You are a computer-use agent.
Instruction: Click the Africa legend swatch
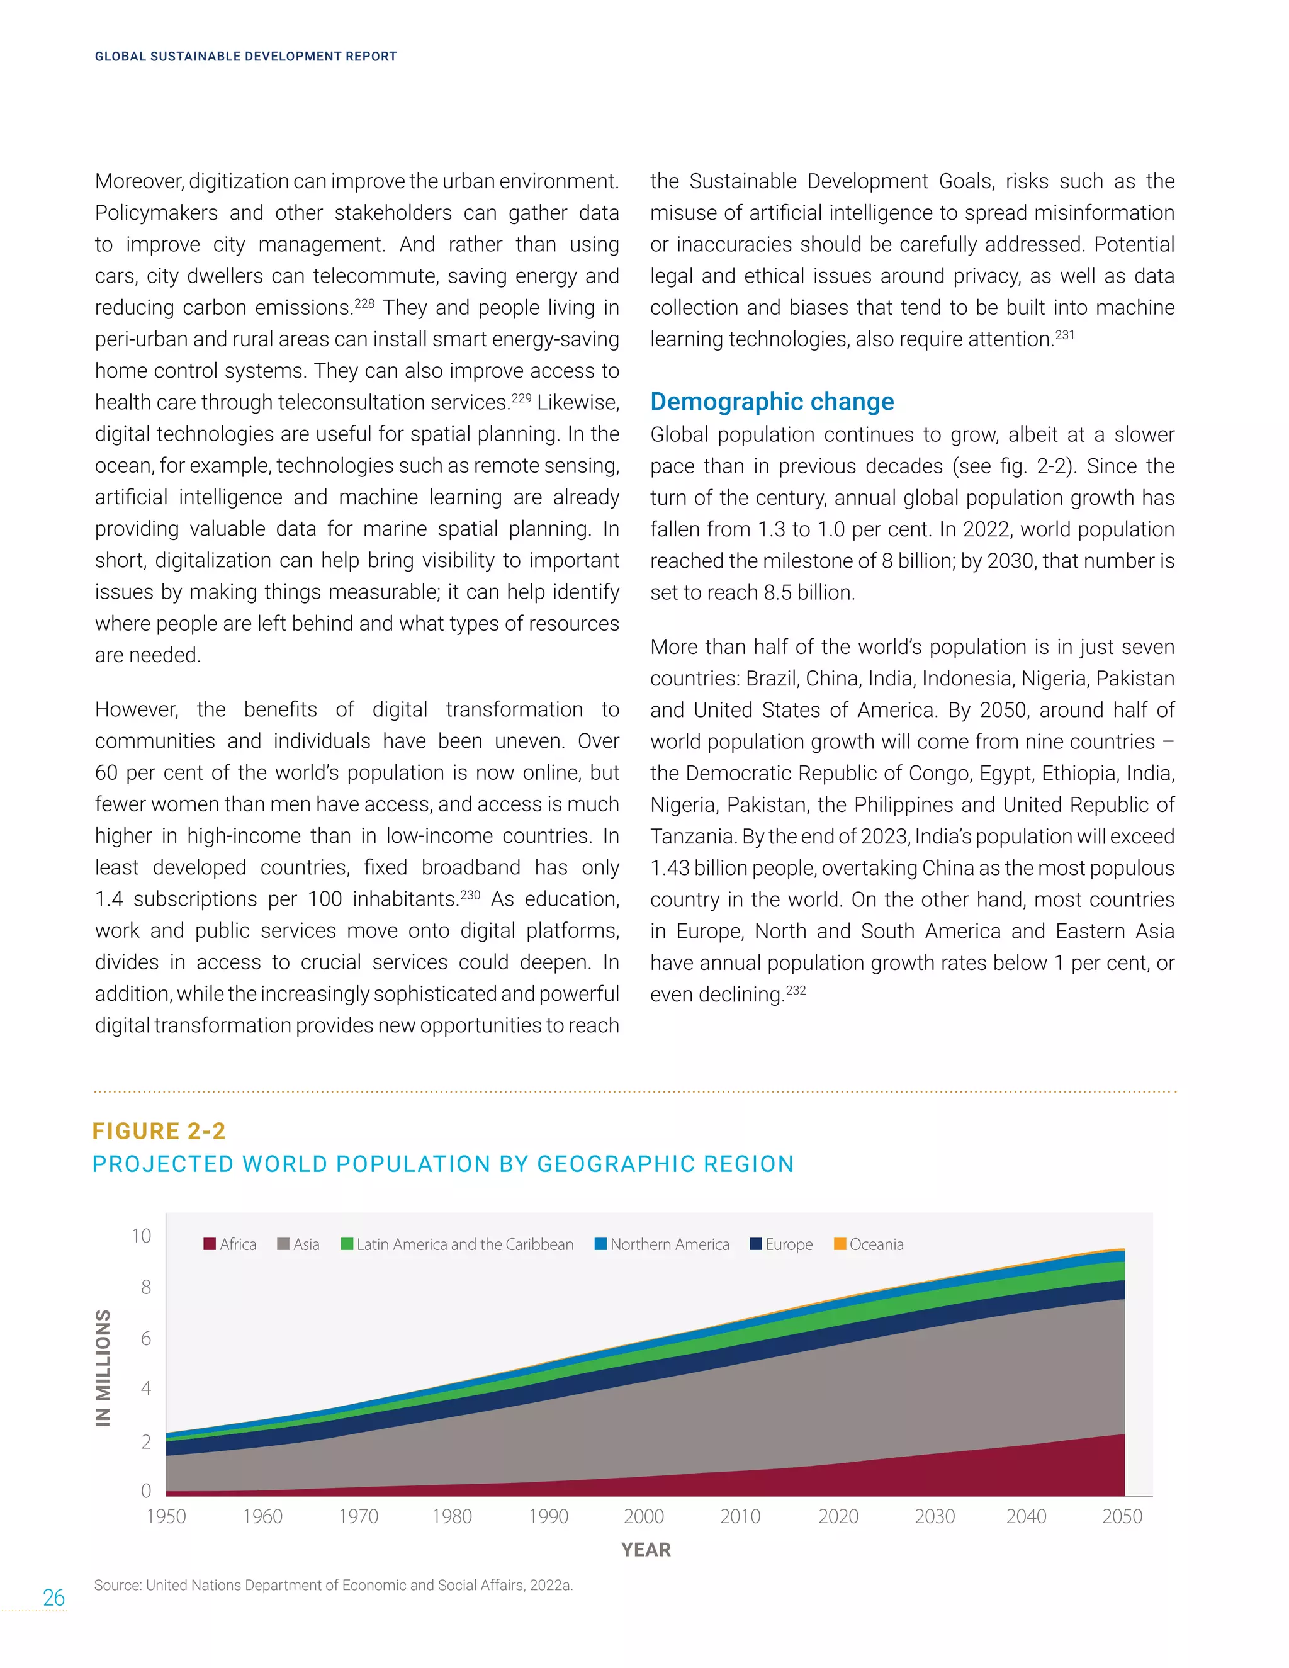pos(209,1244)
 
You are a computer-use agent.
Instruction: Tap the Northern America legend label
pos(669,1244)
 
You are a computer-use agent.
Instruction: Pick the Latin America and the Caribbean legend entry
pos(458,1244)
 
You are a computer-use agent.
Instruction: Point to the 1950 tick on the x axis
pos(166,1516)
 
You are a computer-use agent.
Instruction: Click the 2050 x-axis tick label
pos(1122,1516)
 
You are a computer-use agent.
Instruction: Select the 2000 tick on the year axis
pos(644,1516)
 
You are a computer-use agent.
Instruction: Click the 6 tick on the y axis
pos(146,1338)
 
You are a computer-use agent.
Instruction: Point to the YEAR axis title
pos(645,1550)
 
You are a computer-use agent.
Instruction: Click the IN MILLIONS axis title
pos(103,1368)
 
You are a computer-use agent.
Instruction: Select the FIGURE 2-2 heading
pos(159,1131)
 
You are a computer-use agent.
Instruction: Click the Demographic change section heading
pos(772,402)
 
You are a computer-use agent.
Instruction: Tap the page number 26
pos(53,1598)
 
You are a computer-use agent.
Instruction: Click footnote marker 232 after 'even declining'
pos(796,991)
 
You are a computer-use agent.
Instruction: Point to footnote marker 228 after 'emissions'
pos(364,303)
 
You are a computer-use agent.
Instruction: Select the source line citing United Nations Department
pos(333,1586)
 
